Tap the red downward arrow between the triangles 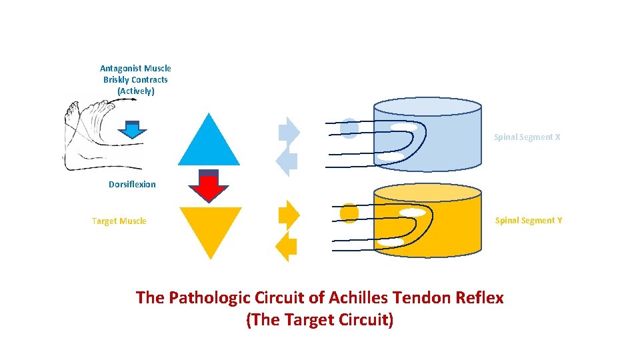(209, 186)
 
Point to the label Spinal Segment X (527, 137)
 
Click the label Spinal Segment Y (528, 221)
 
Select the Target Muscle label (119, 221)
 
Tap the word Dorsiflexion (132, 185)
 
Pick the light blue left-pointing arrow (287, 161)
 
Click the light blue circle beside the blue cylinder (349, 128)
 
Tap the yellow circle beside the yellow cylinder (349, 213)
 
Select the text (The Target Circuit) (320, 320)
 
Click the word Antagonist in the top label (121, 69)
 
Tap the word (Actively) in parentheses (135, 91)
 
